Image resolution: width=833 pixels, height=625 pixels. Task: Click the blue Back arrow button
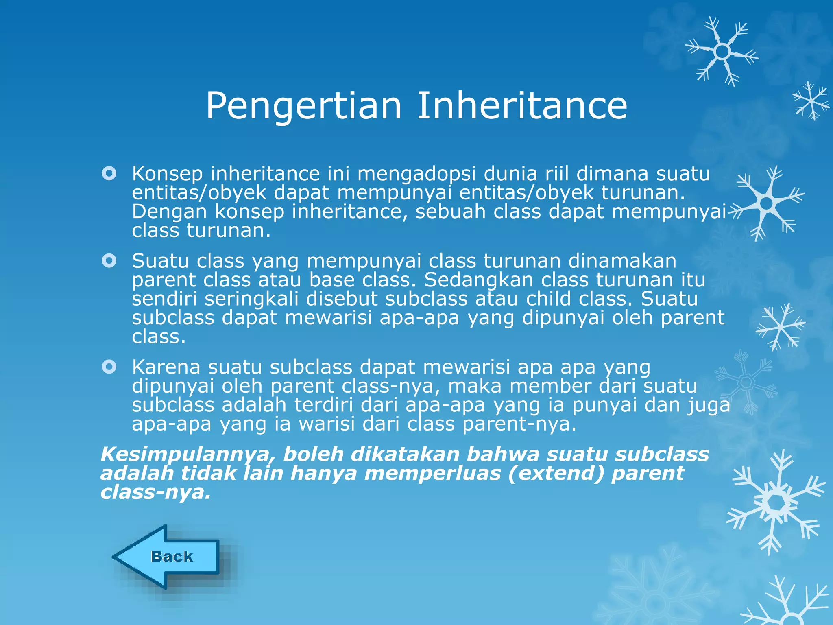pos(171,557)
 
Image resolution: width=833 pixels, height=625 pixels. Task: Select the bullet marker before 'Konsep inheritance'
pos(109,174)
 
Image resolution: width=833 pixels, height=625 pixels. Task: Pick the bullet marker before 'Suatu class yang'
pos(109,260)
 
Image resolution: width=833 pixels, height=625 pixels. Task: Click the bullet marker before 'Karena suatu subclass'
pos(109,367)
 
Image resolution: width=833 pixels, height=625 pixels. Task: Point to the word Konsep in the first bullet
pos(167,175)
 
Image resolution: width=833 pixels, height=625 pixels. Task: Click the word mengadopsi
pos(416,175)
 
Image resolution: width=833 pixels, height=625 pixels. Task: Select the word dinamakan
pos(622,261)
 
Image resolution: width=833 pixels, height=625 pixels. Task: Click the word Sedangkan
pos(474,280)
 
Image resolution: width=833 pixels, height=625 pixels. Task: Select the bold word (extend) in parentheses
pos(556,474)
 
